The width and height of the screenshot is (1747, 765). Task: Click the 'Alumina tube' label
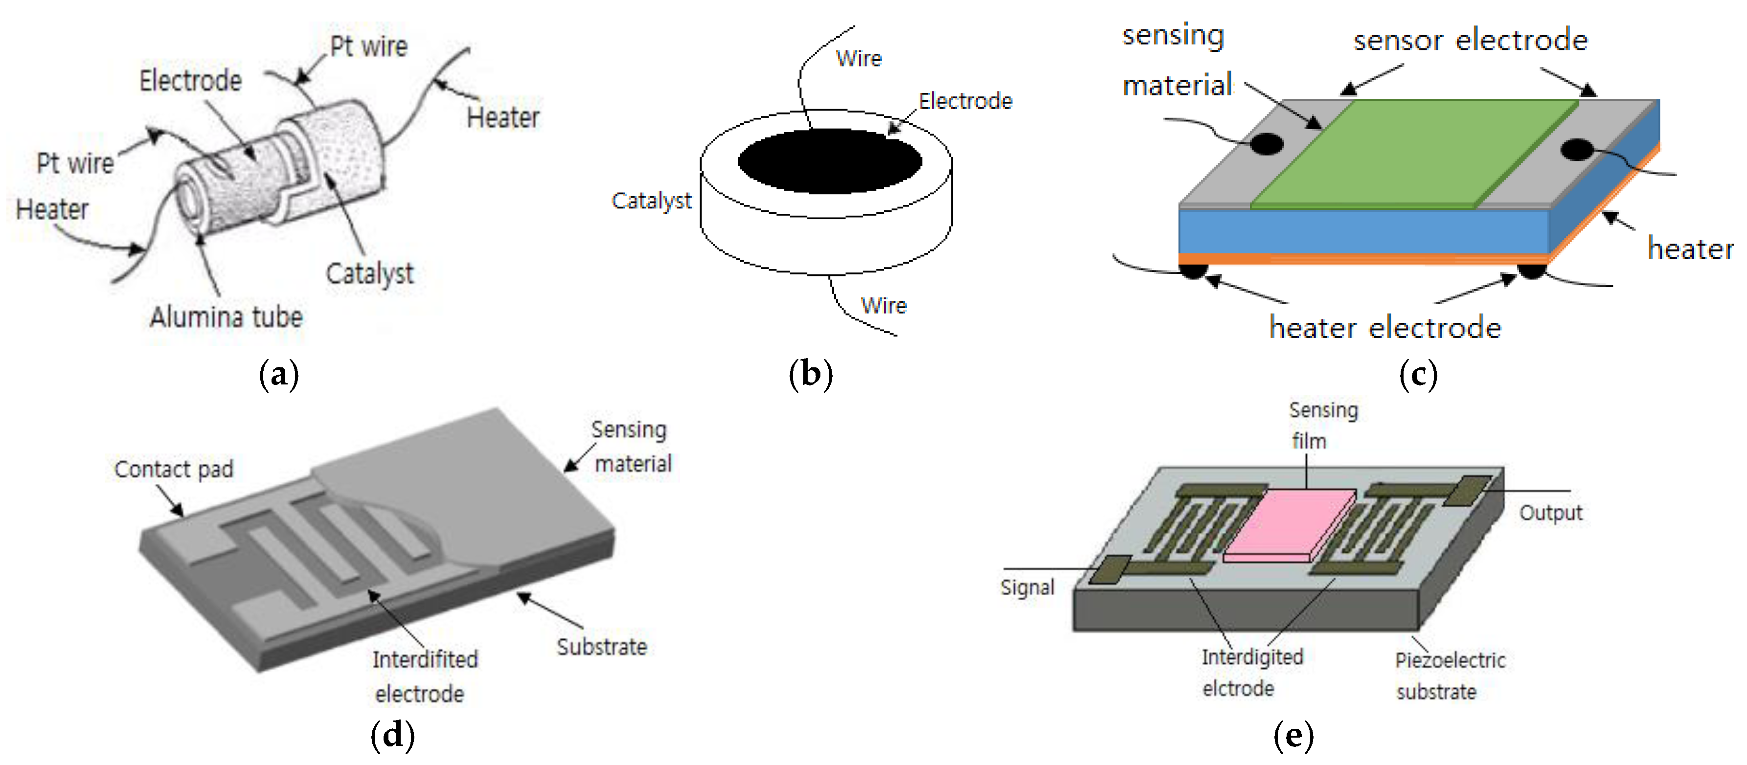tap(226, 317)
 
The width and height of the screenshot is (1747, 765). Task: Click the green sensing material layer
tap(1414, 153)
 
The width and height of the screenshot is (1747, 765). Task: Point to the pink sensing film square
tap(1289, 524)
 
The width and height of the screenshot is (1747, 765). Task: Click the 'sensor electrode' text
tap(1470, 40)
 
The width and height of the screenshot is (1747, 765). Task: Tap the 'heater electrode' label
tap(1385, 328)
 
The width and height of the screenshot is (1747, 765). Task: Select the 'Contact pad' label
tap(174, 469)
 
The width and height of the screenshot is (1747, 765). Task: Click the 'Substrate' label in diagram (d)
tap(602, 646)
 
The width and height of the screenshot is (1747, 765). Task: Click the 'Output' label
tap(1550, 513)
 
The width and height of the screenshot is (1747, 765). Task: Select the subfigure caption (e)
tap(1293, 736)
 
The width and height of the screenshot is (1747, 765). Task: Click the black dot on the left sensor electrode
tap(1266, 144)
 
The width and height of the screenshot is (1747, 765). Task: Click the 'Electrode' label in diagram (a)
tap(191, 81)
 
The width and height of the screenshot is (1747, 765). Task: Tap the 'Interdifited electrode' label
tap(425, 676)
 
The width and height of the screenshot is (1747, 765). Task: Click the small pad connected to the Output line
tap(1467, 490)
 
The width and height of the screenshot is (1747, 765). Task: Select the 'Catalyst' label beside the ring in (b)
tap(651, 201)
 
